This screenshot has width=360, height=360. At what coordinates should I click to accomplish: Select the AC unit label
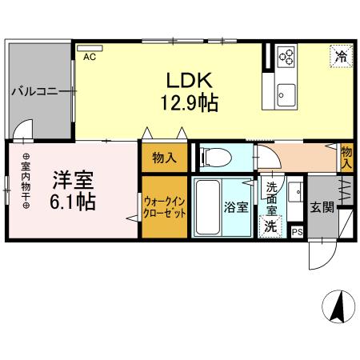point(89,57)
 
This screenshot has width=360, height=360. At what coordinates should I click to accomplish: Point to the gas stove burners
point(286,56)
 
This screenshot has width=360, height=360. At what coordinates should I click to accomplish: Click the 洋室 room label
point(73,178)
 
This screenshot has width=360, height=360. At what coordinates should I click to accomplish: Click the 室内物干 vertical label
point(26,182)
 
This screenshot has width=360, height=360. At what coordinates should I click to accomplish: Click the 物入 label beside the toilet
point(165,158)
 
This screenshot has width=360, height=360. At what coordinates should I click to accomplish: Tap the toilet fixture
point(214,157)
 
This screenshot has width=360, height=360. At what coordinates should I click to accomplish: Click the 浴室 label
point(235,207)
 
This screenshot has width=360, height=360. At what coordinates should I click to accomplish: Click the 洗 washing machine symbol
point(271,226)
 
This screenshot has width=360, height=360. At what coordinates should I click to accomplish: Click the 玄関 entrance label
point(322,208)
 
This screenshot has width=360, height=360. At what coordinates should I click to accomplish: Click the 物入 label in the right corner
point(346,157)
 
